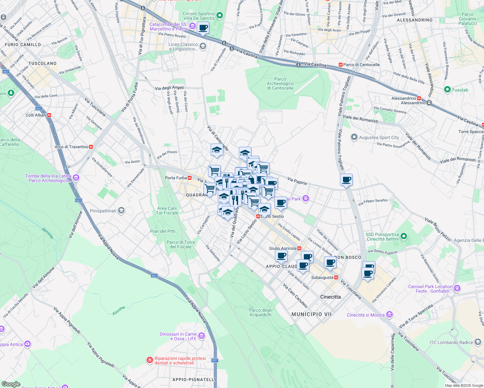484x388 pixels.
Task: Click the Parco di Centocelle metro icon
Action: click(x=341, y=65)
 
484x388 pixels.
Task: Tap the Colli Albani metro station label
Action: click(x=36, y=115)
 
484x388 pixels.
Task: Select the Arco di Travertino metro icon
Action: click(x=91, y=147)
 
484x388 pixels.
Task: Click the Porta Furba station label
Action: click(x=176, y=178)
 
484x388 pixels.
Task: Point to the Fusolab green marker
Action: click(x=447, y=90)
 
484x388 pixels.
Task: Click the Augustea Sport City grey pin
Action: click(x=354, y=137)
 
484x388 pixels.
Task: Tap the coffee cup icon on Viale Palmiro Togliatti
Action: click(x=346, y=180)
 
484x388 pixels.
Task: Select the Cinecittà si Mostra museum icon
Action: click(x=390, y=315)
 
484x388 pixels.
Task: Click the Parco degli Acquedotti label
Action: click(x=260, y=312)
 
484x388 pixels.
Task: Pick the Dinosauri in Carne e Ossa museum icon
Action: click(x=202, y=336)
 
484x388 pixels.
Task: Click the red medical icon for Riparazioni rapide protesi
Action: click(x=149, y=360)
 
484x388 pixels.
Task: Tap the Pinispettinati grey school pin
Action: click(x=121, y=211)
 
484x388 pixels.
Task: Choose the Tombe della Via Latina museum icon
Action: click(x=76, y=178)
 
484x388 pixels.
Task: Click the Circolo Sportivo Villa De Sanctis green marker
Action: click(x=220, y=15)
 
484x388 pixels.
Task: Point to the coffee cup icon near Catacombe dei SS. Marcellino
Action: click(x=203, y=28)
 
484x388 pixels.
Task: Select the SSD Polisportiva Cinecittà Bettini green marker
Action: click(x=403, y=236)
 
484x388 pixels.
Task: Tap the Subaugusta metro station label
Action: click(x=322, y=277)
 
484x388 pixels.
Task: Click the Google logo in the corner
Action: click(x=11, y=384)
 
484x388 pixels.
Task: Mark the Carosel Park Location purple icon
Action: click(x=457, y=288)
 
